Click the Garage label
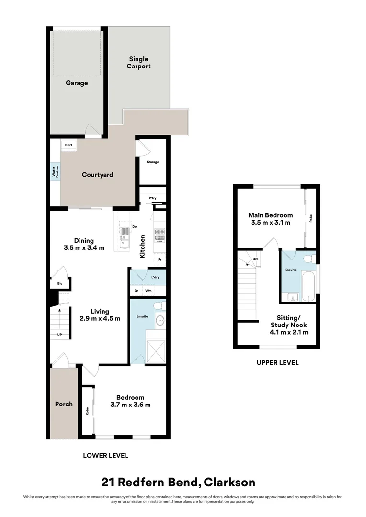point(77,83)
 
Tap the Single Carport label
point(138,63)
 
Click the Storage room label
point(153,162)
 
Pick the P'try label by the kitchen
point(153,198)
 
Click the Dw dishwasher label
point(135,227)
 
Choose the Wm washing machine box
point(149,291)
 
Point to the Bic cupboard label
point(59,284)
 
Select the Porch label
point(63,404)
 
